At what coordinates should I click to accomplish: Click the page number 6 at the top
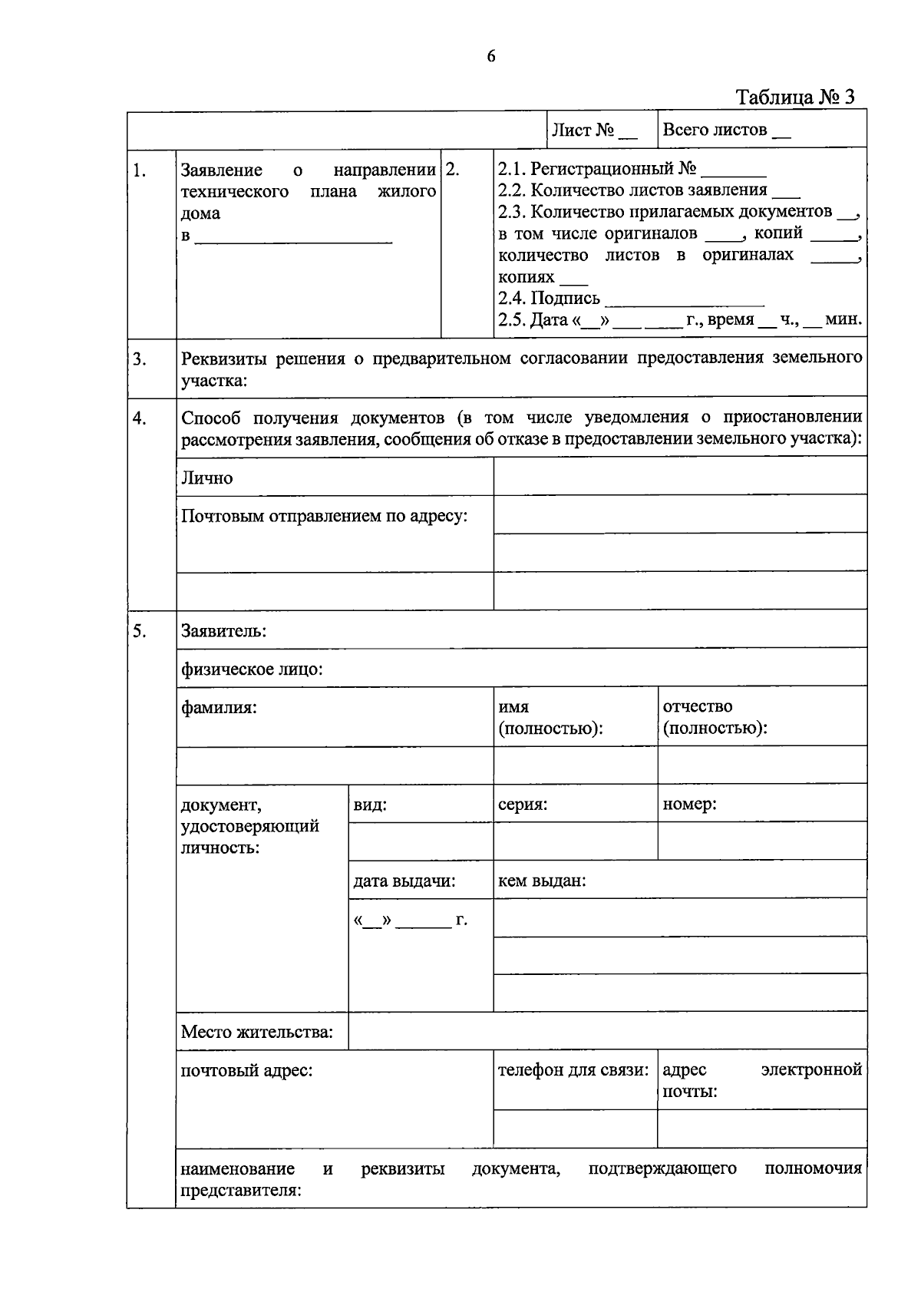(x=491, y=56)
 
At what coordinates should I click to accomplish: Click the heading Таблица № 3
(x=795, y=97)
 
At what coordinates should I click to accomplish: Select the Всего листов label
(x=725, y=130)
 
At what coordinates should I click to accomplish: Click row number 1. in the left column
(x=139, y=170)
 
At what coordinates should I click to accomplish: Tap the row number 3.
(x=139, y=359)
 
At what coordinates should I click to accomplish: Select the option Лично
(x=206, y=478)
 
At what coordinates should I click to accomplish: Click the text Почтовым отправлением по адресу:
(x=324, y=516)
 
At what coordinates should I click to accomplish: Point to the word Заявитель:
(x=223, y=632)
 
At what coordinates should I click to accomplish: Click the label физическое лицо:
(x=252, y=669)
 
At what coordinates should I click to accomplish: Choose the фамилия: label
(x=218, y=707)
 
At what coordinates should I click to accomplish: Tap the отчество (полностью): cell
(x=714, y=717)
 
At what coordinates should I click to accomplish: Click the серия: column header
(x=523, y=805)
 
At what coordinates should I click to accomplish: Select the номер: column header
(x=689, y=805)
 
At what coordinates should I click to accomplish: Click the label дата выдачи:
(x=404, y=881)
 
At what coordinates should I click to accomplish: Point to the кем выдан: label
(x=542, y=881)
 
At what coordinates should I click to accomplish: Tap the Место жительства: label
(x=256, y=1032)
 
